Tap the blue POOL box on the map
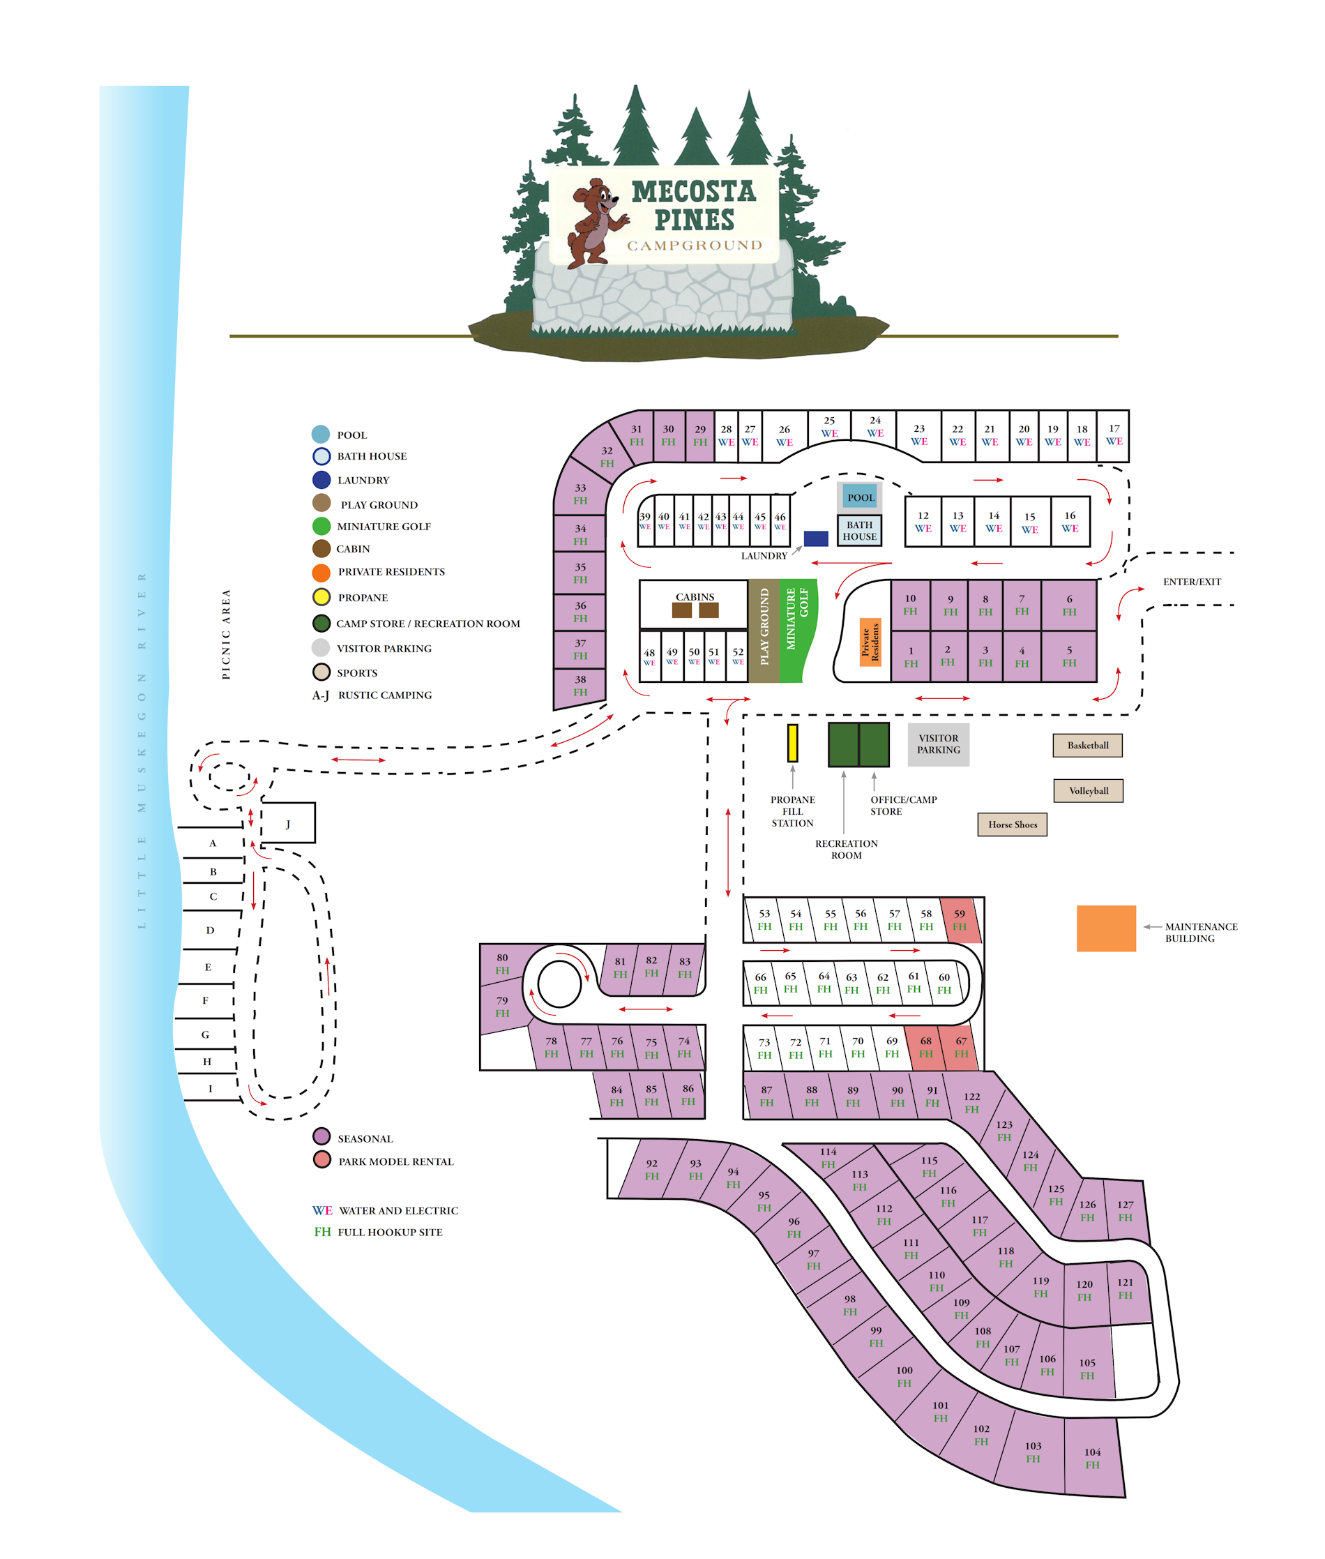pyautogui.click(x=860, y=497)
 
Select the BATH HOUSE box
pyautogui.click(x=859, y=530)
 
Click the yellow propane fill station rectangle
pyautogui.click(x=792, y=743)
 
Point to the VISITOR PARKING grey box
pyautogui.click(x=938, y=744)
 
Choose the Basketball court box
pyautogui.click(x=1087, y=745)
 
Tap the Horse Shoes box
pyautogui.click(x=1012, y=824)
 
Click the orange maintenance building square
pyautogui.click(x=1105, y=928)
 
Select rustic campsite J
pyautogui.click(x=288, y=824)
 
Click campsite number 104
pyautogui.click(x=1093, y=1459)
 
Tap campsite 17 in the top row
pyautogui.click(x=1113, y=435)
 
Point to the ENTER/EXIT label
pyautogui.click(x=1191, y=582)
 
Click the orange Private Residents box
pyautogui.click(x=870, y=642)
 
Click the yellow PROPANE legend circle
pyautogui.click(x=321, y=597)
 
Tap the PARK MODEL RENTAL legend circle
pyautogui.click(x=321, y=1159)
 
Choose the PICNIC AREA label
pyautogui.click(x=226, y=634)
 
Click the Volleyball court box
pyautogui.click(x=1088, y=790)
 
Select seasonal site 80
pyautogui.click(x=502, y=963)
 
